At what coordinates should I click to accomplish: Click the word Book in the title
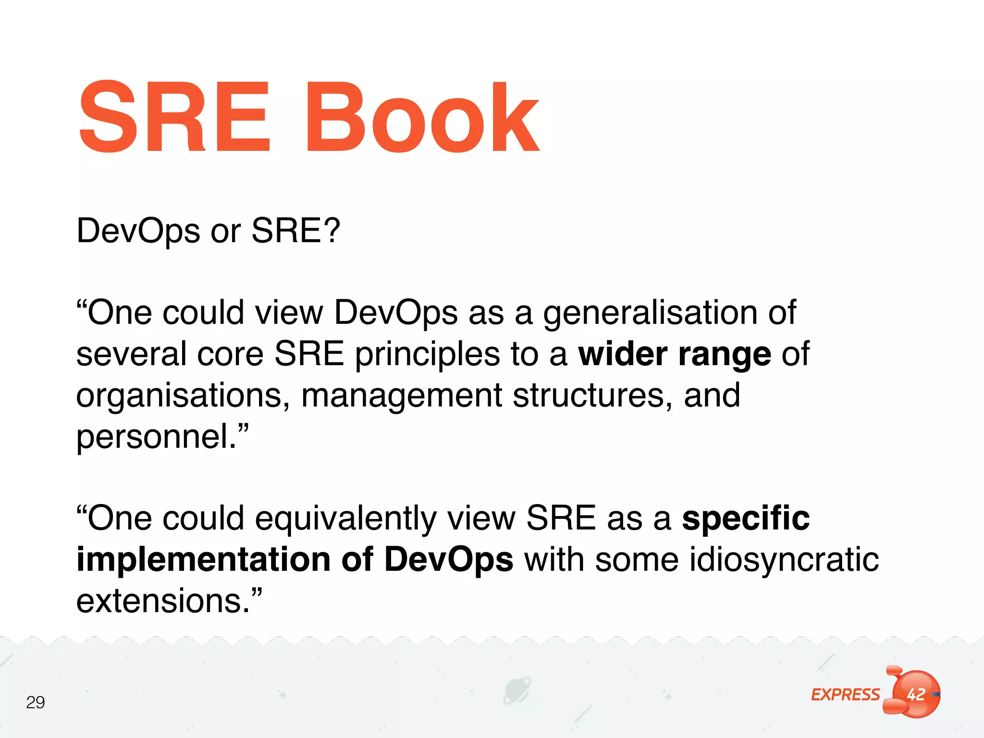click(x=423, y=118)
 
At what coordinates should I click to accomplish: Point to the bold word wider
click(x=623, y=354)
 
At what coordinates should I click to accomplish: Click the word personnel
click(x=157, y=437)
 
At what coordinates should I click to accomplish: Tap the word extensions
click(x=163, y=601)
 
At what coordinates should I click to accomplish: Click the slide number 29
click(x=36, y=702)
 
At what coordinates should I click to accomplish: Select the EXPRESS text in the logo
click(x=846, y=695)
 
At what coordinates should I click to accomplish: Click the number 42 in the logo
click(x=916, y=694)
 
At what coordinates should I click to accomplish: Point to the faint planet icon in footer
click(x=517, y=691)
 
